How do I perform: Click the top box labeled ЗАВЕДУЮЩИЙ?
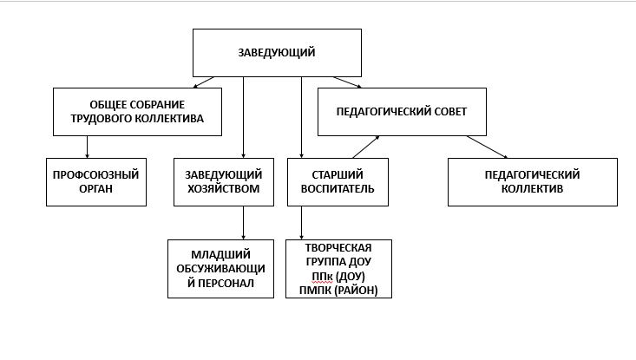point(277,53)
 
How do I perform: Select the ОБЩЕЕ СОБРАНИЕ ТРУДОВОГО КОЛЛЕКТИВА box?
point(137,112)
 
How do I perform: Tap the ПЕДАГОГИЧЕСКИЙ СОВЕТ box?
point(402,112)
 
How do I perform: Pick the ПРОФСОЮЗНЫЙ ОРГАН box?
point(96,182)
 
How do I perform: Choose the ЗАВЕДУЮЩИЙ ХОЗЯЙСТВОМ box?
point(224,182)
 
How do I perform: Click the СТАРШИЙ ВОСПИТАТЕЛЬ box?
point(338,182)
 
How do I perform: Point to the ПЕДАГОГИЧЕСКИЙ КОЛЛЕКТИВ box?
point(533,182)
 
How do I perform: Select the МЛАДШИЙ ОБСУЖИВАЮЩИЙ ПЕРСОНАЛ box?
point(220,269)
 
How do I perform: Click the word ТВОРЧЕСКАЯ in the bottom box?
point(338,248)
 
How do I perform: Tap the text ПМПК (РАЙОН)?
point(338,291)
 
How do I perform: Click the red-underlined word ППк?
point(323,277)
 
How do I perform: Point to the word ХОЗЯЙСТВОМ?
point(224,189)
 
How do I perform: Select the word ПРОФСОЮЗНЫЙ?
point(96,175)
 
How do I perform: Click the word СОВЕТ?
point(450,112)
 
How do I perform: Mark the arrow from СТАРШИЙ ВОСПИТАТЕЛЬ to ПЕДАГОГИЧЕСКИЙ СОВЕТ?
point(366,147)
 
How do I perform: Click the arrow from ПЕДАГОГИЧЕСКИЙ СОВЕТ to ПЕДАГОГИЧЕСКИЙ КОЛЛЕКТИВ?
point(487,147)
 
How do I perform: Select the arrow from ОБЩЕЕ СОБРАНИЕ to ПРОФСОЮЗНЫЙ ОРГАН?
point(87,147)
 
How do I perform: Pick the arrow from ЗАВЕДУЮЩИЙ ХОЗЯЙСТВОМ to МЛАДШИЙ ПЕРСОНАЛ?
point(243,223)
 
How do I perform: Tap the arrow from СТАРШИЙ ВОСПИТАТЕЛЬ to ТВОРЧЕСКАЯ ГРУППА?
point(301,223)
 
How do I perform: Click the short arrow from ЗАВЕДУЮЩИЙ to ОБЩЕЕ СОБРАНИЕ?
point(204,82)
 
